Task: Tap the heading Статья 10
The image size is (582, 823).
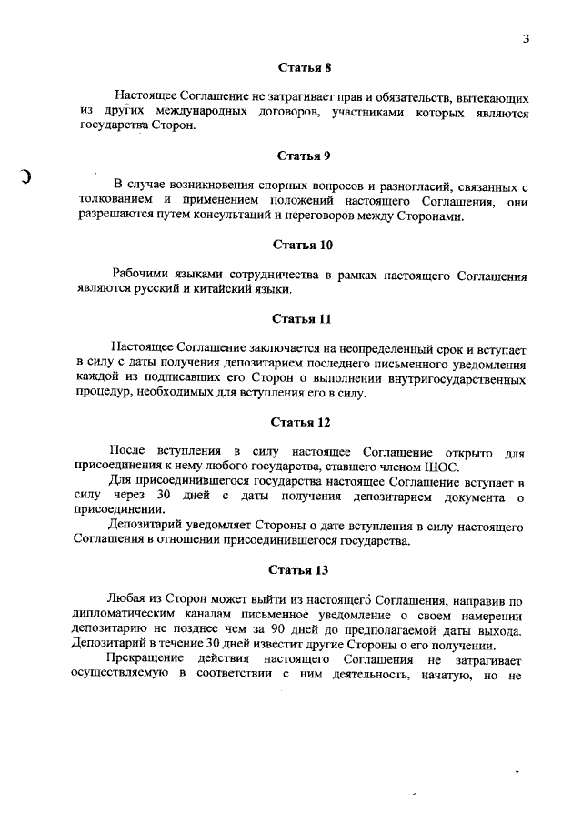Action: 303,245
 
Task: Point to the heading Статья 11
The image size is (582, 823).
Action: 303,318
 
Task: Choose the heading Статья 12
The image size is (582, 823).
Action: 303,422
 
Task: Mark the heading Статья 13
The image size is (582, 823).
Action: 303,569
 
